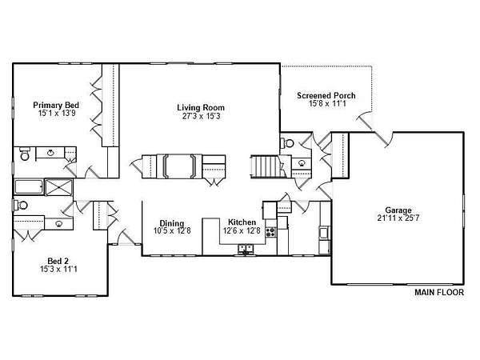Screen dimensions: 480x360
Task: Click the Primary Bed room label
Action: click(56, 105)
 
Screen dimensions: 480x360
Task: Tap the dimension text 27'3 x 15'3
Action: click(201, 116)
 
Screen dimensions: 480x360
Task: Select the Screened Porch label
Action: click(326, 95)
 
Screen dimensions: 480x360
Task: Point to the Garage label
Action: click(398, 210)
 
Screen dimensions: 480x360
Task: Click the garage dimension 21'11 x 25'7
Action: click(398, 218)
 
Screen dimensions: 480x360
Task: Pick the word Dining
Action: click(172, 223)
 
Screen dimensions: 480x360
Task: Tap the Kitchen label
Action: click(242, 222)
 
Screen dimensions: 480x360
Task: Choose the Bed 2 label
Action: click(58, 261)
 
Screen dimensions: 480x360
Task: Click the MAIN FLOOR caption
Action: click(439, 292)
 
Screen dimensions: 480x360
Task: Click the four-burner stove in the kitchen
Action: click(270, 232)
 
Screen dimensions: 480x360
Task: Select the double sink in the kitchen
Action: click(246, 248)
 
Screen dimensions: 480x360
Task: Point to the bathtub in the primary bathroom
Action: click(29, 187)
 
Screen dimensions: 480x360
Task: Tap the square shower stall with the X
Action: click(58, 187)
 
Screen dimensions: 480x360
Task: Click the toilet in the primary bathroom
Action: click(25, 154)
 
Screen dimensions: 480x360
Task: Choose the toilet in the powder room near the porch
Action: click(287, 142)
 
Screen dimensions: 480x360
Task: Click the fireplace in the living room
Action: click(179, 166)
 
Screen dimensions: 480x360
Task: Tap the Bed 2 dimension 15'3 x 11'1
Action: click(58, 269)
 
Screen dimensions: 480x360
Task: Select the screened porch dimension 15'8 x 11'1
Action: click(327, 103)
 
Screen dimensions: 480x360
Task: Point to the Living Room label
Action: click(201, 108)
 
